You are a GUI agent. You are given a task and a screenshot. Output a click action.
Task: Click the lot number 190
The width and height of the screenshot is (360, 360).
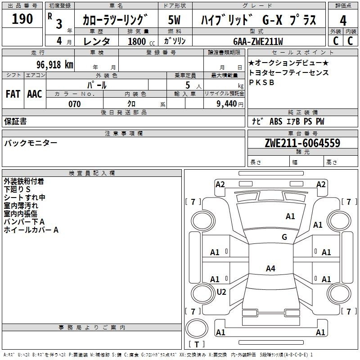(x=22, y=19)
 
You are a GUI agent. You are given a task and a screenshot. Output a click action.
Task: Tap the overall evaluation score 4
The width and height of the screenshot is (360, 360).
(x=343, y=21)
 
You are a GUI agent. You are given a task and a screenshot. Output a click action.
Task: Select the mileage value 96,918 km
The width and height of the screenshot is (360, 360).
(x=54, y=65)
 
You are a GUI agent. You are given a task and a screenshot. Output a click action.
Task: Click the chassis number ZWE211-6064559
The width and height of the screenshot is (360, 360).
(x=302, y=143)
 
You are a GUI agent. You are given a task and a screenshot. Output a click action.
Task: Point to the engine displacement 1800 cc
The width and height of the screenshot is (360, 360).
(x=141, y=41)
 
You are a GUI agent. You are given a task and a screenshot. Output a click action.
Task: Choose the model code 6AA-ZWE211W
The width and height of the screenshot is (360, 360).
(x=258, y=41)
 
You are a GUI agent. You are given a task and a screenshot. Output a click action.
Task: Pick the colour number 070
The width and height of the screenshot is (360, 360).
(x=74, y=104)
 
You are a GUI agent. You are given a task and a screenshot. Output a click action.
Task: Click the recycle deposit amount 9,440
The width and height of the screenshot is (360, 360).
(x=227, y=104)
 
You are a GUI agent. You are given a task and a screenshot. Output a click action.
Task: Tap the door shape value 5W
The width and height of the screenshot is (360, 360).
(x=174, y=20)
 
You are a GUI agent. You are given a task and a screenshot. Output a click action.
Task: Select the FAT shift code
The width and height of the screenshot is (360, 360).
(x=13, y=94)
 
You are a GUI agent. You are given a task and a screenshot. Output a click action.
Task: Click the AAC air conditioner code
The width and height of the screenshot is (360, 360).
(x=35, y=94)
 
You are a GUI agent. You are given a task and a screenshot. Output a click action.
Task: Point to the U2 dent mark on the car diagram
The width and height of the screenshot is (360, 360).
(x=221, y=292)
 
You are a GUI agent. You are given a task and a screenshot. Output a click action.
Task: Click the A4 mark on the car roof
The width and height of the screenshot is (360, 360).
(x=270, y=268)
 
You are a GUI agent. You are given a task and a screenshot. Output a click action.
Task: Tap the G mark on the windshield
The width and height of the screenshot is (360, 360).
(x=284, y=237)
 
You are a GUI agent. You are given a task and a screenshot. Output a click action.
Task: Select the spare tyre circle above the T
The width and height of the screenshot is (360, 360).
(x=197, y=328)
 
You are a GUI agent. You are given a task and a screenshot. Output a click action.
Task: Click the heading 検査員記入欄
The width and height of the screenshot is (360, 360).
(x=92, y=173)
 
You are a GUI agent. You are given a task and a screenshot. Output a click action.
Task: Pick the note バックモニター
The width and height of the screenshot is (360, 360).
(x=31, y=143)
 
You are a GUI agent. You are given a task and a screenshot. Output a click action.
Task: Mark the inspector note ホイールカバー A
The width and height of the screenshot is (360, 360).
(x=31, y=230)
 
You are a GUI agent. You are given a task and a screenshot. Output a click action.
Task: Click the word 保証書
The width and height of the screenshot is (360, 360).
(x=15, y=121)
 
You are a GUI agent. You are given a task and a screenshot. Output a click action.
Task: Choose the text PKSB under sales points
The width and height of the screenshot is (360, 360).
(x=261, y=82)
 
